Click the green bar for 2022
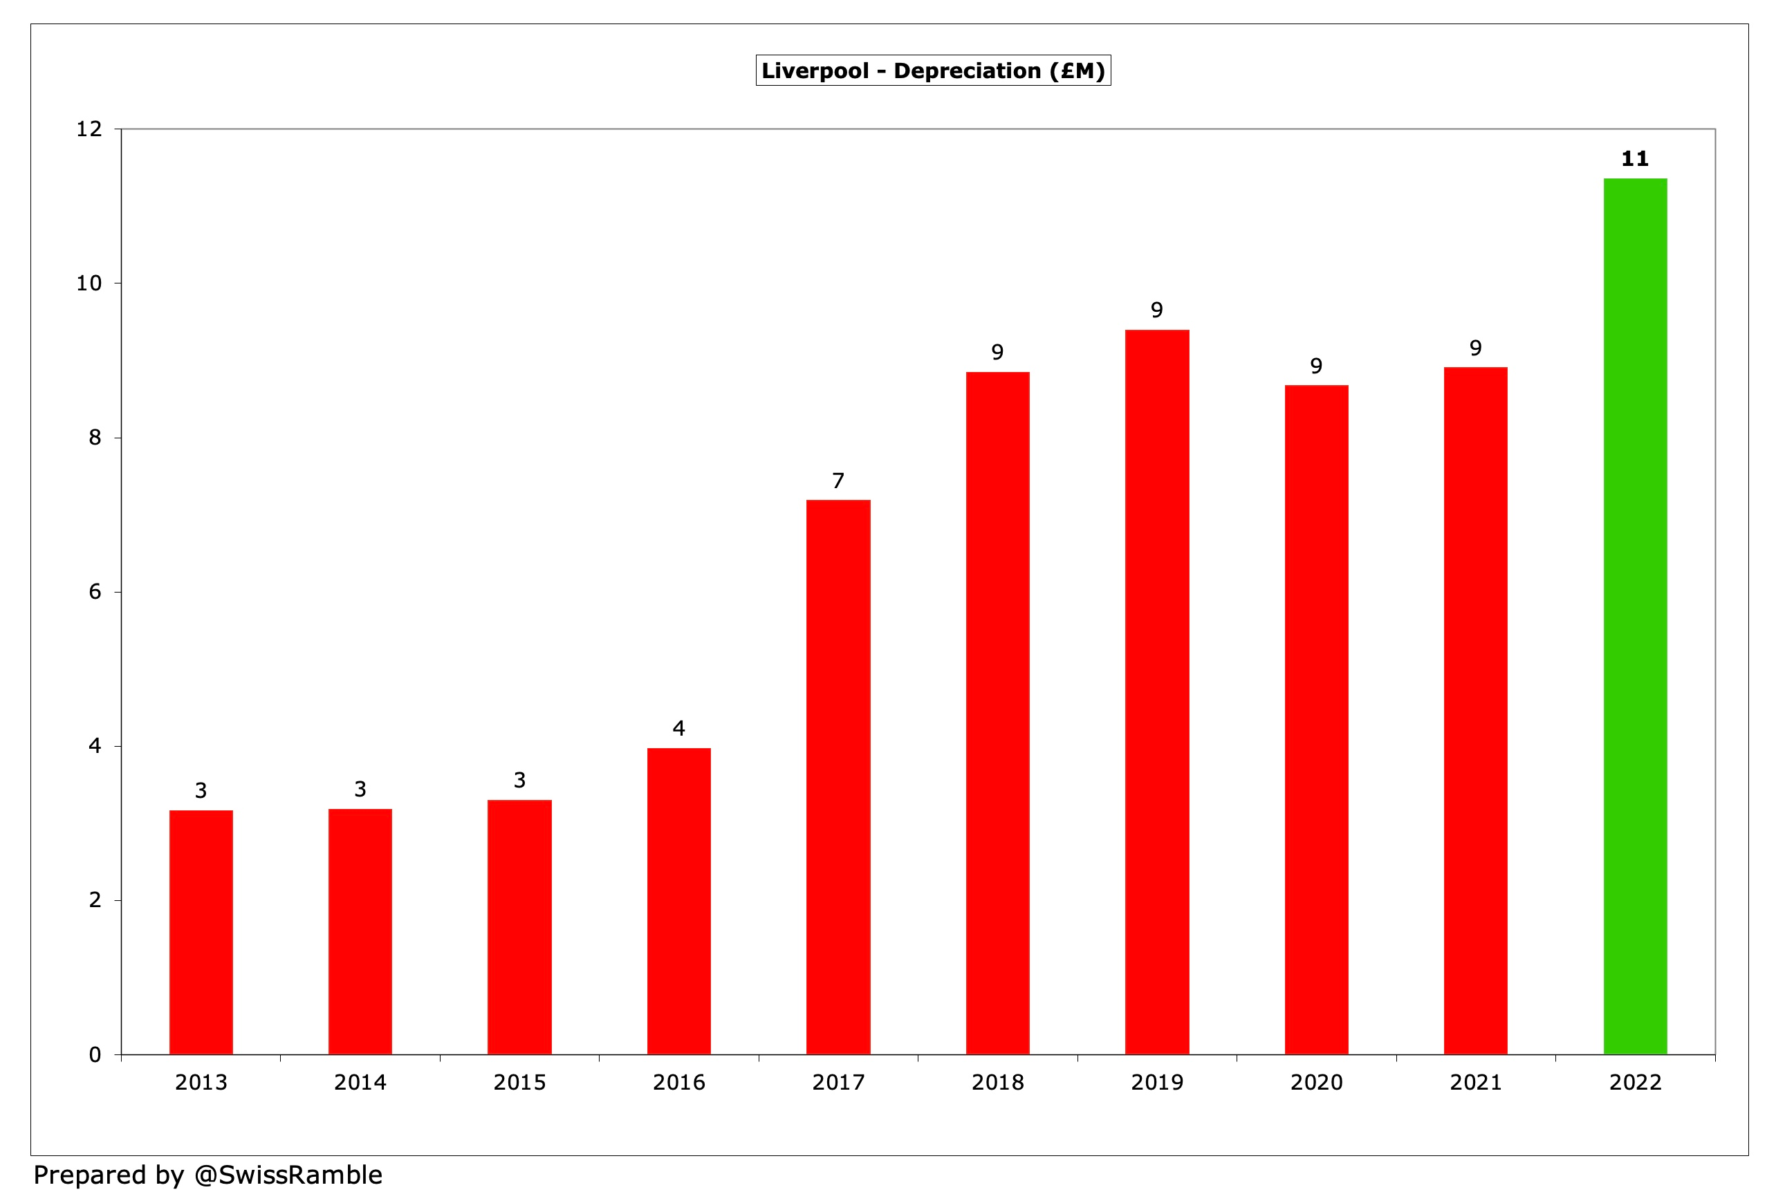click(1635, 616)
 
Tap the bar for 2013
click(201, 932)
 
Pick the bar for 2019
click(1156, 692)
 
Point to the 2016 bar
click(679, 901)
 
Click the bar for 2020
click(1316, 719)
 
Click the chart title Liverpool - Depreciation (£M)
click(933, 71)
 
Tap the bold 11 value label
click(1635, 159)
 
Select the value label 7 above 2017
click(838, 481)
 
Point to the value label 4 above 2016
click(679, 728)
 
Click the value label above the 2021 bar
click(1475, 348)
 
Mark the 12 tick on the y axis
click(89, 129)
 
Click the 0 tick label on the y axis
click(95, 1054)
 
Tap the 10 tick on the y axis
click(89, 283)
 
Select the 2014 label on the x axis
click(360, 1082)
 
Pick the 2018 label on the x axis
click(997, 1082)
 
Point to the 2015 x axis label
click(519, 1082)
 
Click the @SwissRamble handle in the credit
click(288, 1175)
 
